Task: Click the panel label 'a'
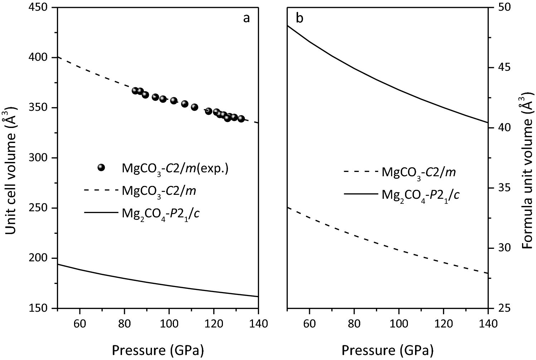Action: pos(246,18)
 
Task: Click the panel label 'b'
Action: pos(299,18)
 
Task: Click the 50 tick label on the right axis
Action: pos(504,8)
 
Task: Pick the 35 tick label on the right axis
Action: pos(504,188)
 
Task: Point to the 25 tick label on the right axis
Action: pos(504,308)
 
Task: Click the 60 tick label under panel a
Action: pos(79,324)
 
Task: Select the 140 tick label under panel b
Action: pos(488,324)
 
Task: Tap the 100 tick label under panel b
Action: pos(399,324)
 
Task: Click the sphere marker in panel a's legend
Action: pos(102,168)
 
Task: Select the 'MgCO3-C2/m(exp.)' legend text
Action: pos(175,168)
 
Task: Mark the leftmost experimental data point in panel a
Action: pos(135,90)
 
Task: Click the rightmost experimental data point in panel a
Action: pos(241,119)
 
